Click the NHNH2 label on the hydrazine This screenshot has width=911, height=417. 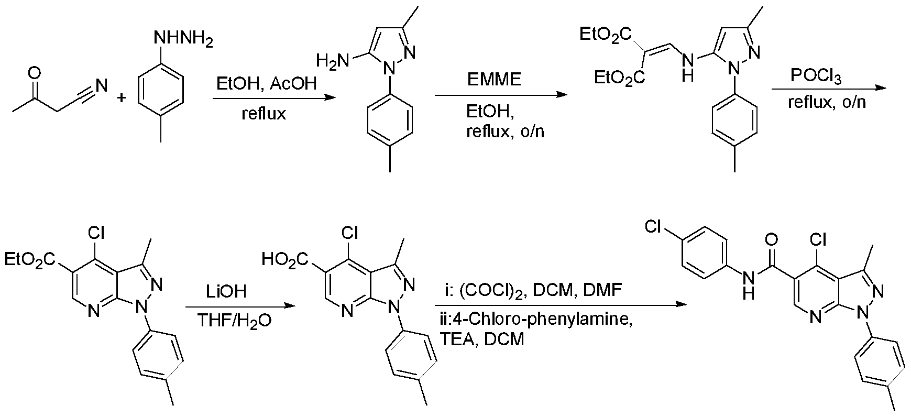(x=183, y=40)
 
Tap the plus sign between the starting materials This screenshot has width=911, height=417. (x=122, y=97)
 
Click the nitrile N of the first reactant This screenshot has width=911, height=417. (x=102, y=84)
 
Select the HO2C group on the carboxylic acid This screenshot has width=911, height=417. (x=286, y=258)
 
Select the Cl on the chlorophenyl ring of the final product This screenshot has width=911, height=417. (x=654, y=227)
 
